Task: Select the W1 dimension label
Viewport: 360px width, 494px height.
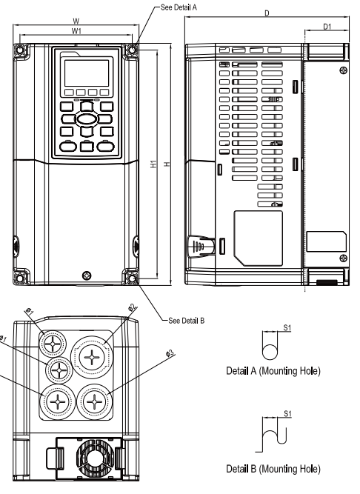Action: [x=77, y=31]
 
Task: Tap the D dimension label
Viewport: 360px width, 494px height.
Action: [x=264, y=13]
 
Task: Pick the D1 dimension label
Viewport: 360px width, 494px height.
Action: [x=327, y=27]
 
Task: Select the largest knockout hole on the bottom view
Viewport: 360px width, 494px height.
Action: [x=92, y=358]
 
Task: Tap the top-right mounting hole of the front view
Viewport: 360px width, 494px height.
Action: [x=133, y=50]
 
